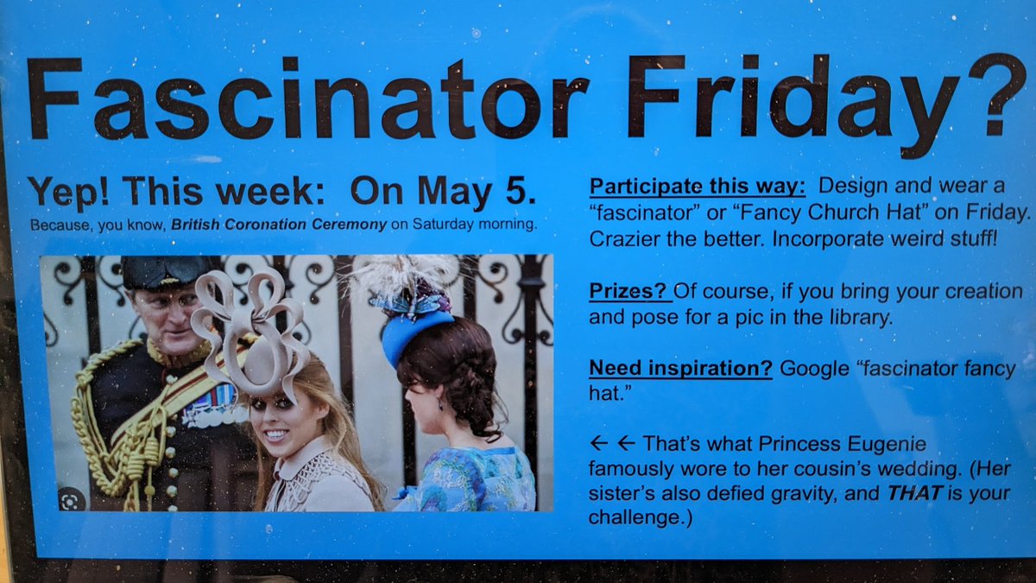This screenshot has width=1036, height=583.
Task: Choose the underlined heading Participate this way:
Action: point(698,186)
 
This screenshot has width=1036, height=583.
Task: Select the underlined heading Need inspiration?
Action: point(680,369)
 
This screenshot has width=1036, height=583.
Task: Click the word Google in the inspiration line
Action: point(810,369)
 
